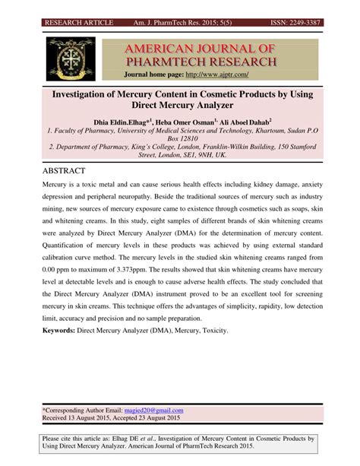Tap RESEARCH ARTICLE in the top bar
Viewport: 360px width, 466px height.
(x=78, y=23)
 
